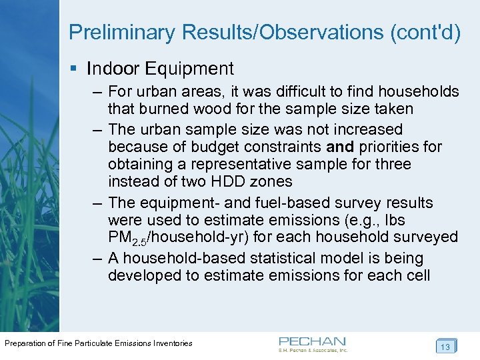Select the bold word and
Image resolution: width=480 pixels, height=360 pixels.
tap(341, 146)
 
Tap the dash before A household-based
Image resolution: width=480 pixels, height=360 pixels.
tap(94, 258)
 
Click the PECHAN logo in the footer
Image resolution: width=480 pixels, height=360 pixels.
tap(313, 342)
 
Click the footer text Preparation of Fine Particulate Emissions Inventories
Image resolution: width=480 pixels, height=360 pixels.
tap(99, 343)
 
